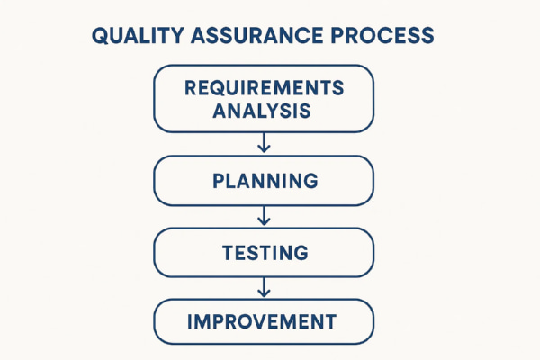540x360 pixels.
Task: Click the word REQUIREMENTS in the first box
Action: (264, 89)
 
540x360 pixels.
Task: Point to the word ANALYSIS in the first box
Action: (264, 112)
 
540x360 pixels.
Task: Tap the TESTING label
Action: (265, 253)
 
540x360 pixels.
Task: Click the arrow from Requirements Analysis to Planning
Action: (264, 143)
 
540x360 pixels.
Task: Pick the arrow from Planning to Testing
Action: (264, 216)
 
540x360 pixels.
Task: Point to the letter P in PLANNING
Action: (218, 181)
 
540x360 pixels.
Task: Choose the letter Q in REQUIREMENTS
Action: (215, 89)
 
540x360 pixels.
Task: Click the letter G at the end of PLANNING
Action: (310, 181)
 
